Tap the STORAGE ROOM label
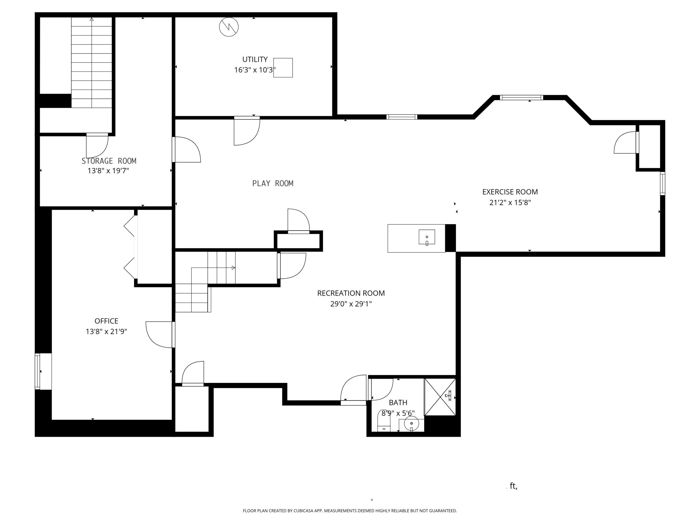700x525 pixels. point(109,161)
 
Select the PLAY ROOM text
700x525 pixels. point(273,183)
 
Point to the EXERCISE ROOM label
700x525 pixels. point(510,192)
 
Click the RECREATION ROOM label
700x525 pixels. point(351,293)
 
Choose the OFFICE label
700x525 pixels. point(106,321)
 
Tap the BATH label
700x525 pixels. point(398,402)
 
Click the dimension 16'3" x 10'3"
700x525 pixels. point(255,70)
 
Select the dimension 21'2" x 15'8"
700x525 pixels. point(510,203)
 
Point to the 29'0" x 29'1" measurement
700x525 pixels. point(351,304)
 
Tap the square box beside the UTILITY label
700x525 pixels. point(283,68)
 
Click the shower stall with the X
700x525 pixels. point(440,397)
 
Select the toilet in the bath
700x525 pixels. point(384,421)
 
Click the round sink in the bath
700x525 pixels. point(412,423)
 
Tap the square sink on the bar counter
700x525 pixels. point(427,237)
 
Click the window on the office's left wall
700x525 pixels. point(37,371)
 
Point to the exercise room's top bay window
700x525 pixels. point(521,97)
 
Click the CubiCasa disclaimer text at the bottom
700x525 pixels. point(350,511)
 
